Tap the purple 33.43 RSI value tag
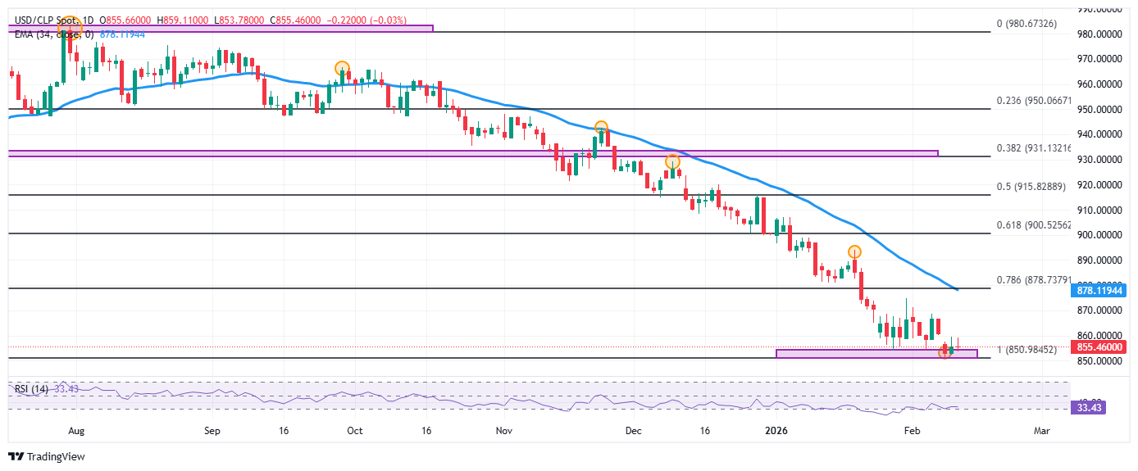point(1089,407)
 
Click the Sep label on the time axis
point(212,429)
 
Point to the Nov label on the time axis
point(504,429)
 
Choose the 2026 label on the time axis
point(775,429)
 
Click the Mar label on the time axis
point(1042,429)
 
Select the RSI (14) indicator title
point(31,388)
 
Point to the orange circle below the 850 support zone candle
point(945,352)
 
